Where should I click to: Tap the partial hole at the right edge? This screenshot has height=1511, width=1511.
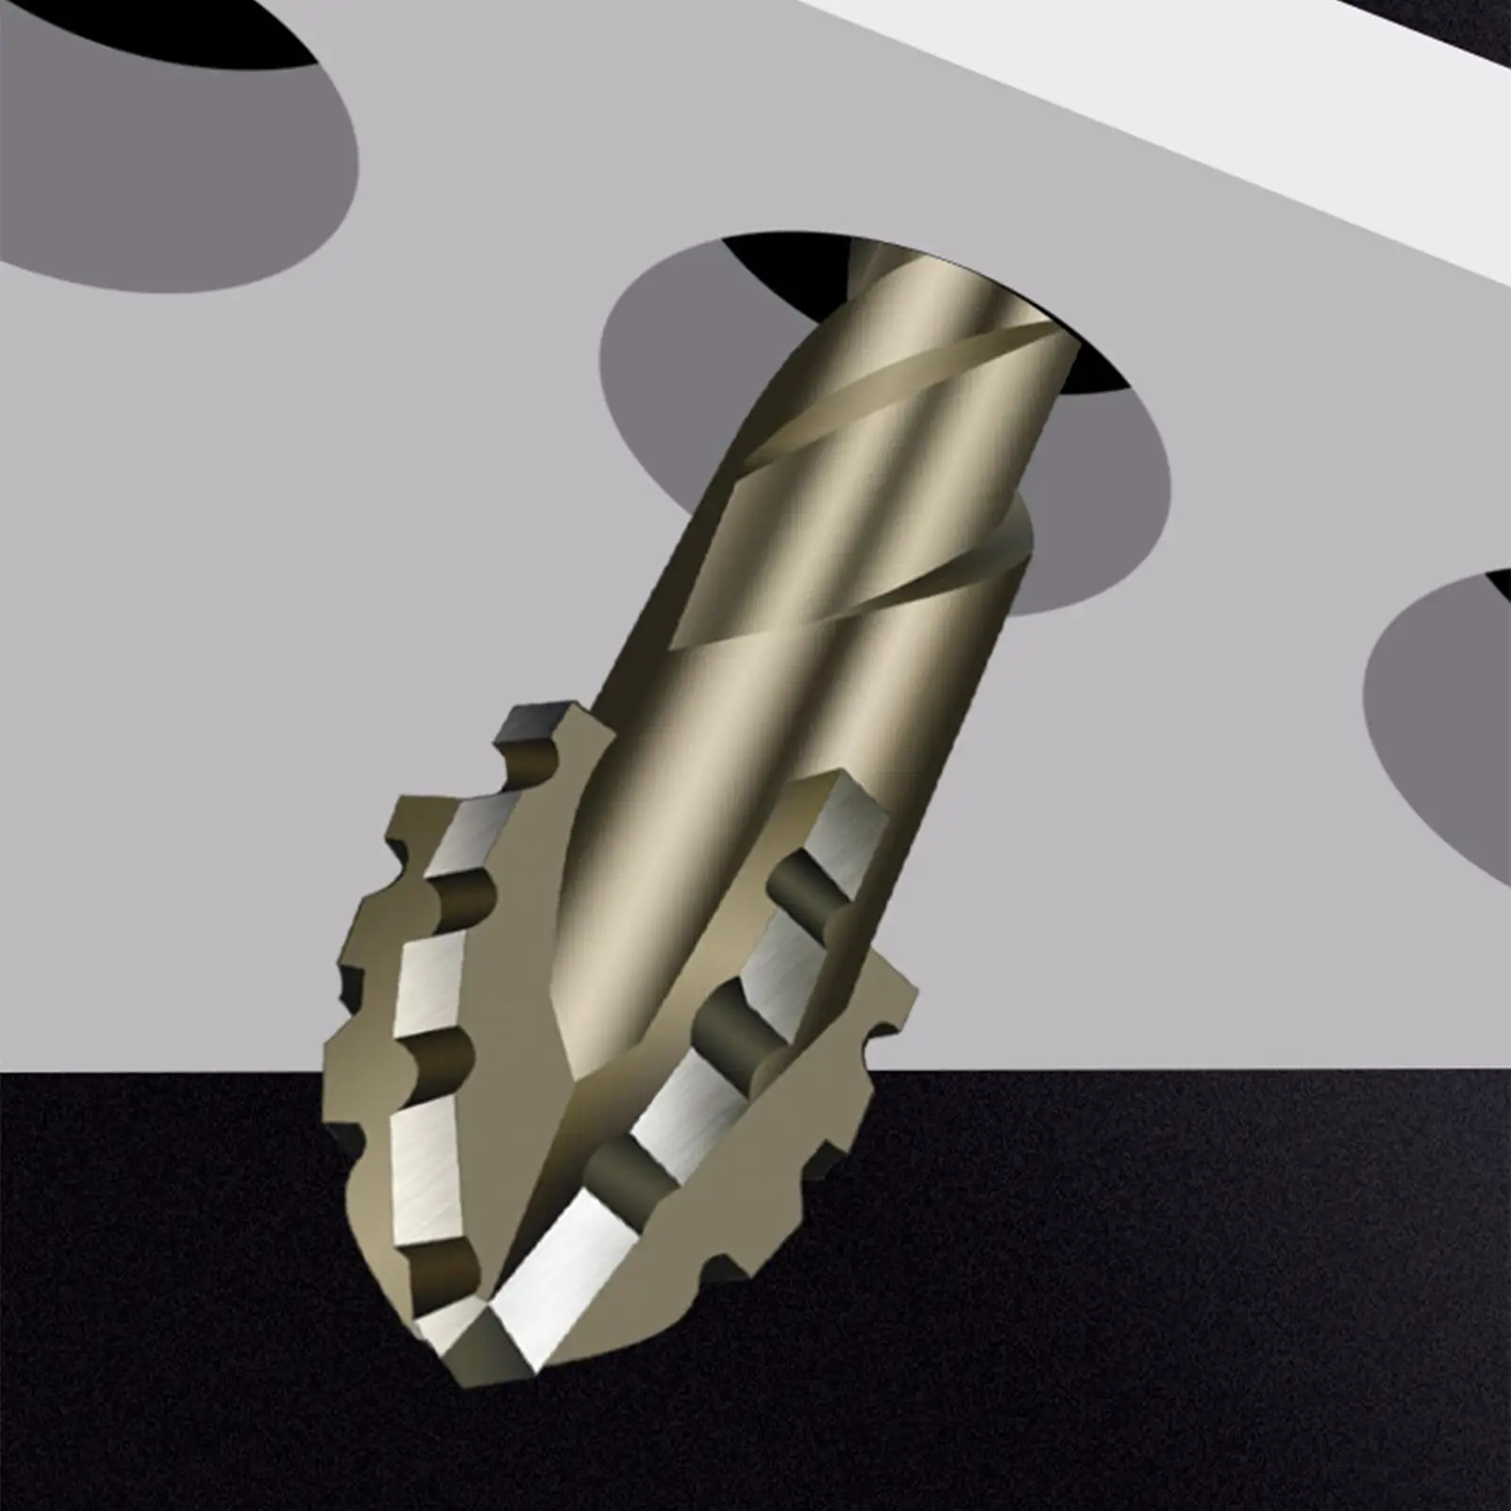point(1444,727)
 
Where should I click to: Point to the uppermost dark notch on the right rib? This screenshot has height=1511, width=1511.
point(802,882)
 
